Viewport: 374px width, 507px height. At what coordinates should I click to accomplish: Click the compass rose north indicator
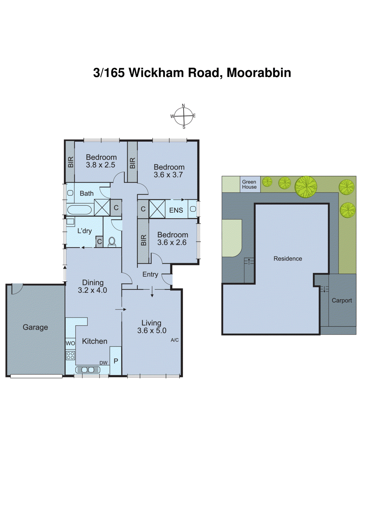(183, 106)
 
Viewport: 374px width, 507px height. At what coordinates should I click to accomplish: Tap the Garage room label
(35, 327)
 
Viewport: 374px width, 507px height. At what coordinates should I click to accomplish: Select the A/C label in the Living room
(174, 340)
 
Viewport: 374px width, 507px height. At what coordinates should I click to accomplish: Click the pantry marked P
(116, 361)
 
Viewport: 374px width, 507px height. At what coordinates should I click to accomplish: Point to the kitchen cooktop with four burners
(70, 355)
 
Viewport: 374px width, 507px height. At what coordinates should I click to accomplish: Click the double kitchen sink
(88, 370)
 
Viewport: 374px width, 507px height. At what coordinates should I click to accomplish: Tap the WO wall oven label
(70, 343)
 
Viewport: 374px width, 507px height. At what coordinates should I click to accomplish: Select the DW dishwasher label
(103, 363)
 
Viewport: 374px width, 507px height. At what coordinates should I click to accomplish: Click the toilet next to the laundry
(112, 242)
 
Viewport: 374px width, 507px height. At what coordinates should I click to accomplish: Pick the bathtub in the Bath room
(79, 210)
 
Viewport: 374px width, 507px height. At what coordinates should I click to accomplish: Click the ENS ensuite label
(176, 210)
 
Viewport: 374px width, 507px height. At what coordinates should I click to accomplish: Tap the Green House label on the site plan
(249, 184)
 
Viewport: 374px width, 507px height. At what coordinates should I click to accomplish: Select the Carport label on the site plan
(342, 300)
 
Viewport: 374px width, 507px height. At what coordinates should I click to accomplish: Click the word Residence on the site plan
(288, 259)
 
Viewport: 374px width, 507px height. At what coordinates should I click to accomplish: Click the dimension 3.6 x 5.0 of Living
(152, 331)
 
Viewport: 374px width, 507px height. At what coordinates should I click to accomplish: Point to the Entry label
(150, 274)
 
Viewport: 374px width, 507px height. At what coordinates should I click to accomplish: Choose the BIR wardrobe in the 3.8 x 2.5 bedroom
(70, 162)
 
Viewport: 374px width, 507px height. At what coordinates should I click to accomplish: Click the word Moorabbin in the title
(259, 73)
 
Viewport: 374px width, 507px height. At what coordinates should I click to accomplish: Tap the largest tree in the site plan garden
(306, 187)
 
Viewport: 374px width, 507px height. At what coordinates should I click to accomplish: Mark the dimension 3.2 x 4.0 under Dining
(92, 290)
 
